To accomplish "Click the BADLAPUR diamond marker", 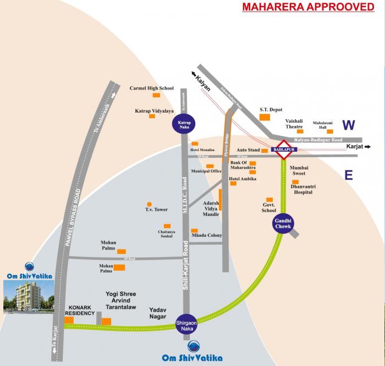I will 284,148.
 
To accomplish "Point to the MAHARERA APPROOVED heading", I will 305,7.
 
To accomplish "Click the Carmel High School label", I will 151,88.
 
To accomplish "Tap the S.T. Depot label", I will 271,109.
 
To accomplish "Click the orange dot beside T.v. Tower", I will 149,203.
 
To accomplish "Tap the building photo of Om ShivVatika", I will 28,296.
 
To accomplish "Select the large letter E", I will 348,175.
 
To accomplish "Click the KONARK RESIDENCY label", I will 81,310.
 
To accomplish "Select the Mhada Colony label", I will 207,235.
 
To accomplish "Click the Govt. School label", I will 269,207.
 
